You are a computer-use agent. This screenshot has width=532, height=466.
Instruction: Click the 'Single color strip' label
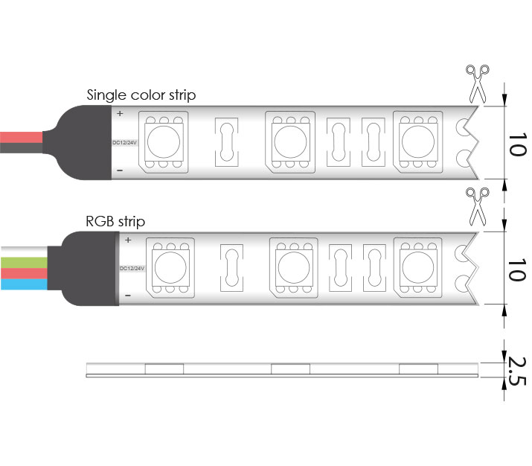(x=141, y=95)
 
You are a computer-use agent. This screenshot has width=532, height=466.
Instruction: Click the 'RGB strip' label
(x=115, y=221)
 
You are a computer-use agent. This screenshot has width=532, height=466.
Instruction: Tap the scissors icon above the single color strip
(x=478, y=83)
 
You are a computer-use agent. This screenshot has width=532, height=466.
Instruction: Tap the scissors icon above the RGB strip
(x=478, y=206)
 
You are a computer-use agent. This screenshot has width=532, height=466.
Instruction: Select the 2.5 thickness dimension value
(x=516, y=371)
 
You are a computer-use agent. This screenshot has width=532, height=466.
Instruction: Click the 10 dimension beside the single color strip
(x=517, y=144)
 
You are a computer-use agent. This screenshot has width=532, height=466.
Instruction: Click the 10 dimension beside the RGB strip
(x=517, y=269)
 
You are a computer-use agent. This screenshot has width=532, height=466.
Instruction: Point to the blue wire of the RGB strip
(x=24, y=284)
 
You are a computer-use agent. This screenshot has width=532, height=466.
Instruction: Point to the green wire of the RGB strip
(x=24, y=262)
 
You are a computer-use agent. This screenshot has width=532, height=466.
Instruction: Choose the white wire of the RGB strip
(x=24, y=252)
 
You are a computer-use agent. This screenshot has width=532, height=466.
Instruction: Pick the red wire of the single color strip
(x=22, y=137)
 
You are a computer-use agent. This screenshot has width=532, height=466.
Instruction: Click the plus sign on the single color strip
(x=120, y=113)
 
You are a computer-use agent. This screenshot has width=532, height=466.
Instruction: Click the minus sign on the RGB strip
(x=128, y=296)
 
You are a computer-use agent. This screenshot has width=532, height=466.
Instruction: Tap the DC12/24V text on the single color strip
(x=124, y=142)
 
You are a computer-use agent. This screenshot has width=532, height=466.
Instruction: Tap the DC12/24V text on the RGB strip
(x=132, y=269)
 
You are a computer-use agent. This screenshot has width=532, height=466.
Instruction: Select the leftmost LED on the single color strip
(x=164, y=142)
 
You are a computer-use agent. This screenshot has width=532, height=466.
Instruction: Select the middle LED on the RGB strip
(x=294, y=268)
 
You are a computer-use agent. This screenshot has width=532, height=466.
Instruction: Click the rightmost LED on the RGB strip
(x=418, y=267)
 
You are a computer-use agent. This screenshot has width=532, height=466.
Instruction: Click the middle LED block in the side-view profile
(x=290, y=369)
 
